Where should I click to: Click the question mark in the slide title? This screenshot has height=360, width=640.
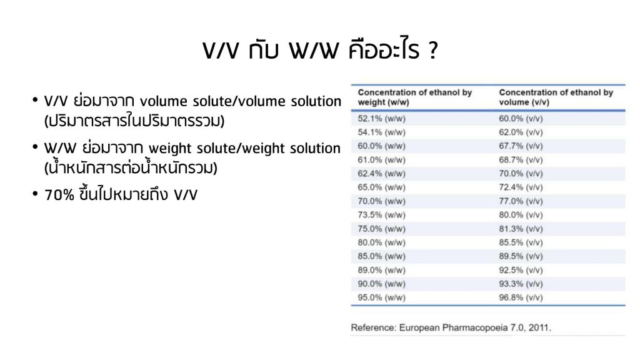coord(433,50)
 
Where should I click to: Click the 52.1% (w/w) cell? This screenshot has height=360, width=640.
coord(382,119)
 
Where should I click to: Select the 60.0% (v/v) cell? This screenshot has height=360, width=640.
coord(521,119)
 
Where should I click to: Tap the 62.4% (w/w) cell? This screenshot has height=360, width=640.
coord(382,174)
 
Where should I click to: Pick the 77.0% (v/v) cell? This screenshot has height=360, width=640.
coord(521,201)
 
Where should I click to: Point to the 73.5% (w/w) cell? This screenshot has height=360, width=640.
coord(382,215)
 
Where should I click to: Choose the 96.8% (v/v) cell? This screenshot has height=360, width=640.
coord(521,297)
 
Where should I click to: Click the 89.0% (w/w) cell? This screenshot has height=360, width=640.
coord(382,270)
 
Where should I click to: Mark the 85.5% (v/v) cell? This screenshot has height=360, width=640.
coord(521,242)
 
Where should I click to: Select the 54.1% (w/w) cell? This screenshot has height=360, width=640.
coord(382,132)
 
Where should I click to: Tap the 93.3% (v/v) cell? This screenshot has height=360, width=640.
coord(521,284)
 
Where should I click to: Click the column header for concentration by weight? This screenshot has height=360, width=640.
coord(415,97)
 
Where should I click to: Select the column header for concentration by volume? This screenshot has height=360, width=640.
coord(556,97)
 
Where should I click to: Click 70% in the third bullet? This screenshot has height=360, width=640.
coord(59,195)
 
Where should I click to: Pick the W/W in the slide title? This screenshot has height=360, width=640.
coord(314,51)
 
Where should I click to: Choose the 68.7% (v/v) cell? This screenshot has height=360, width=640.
coord(521,160)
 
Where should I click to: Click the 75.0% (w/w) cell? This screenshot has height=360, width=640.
coord(382,229)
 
